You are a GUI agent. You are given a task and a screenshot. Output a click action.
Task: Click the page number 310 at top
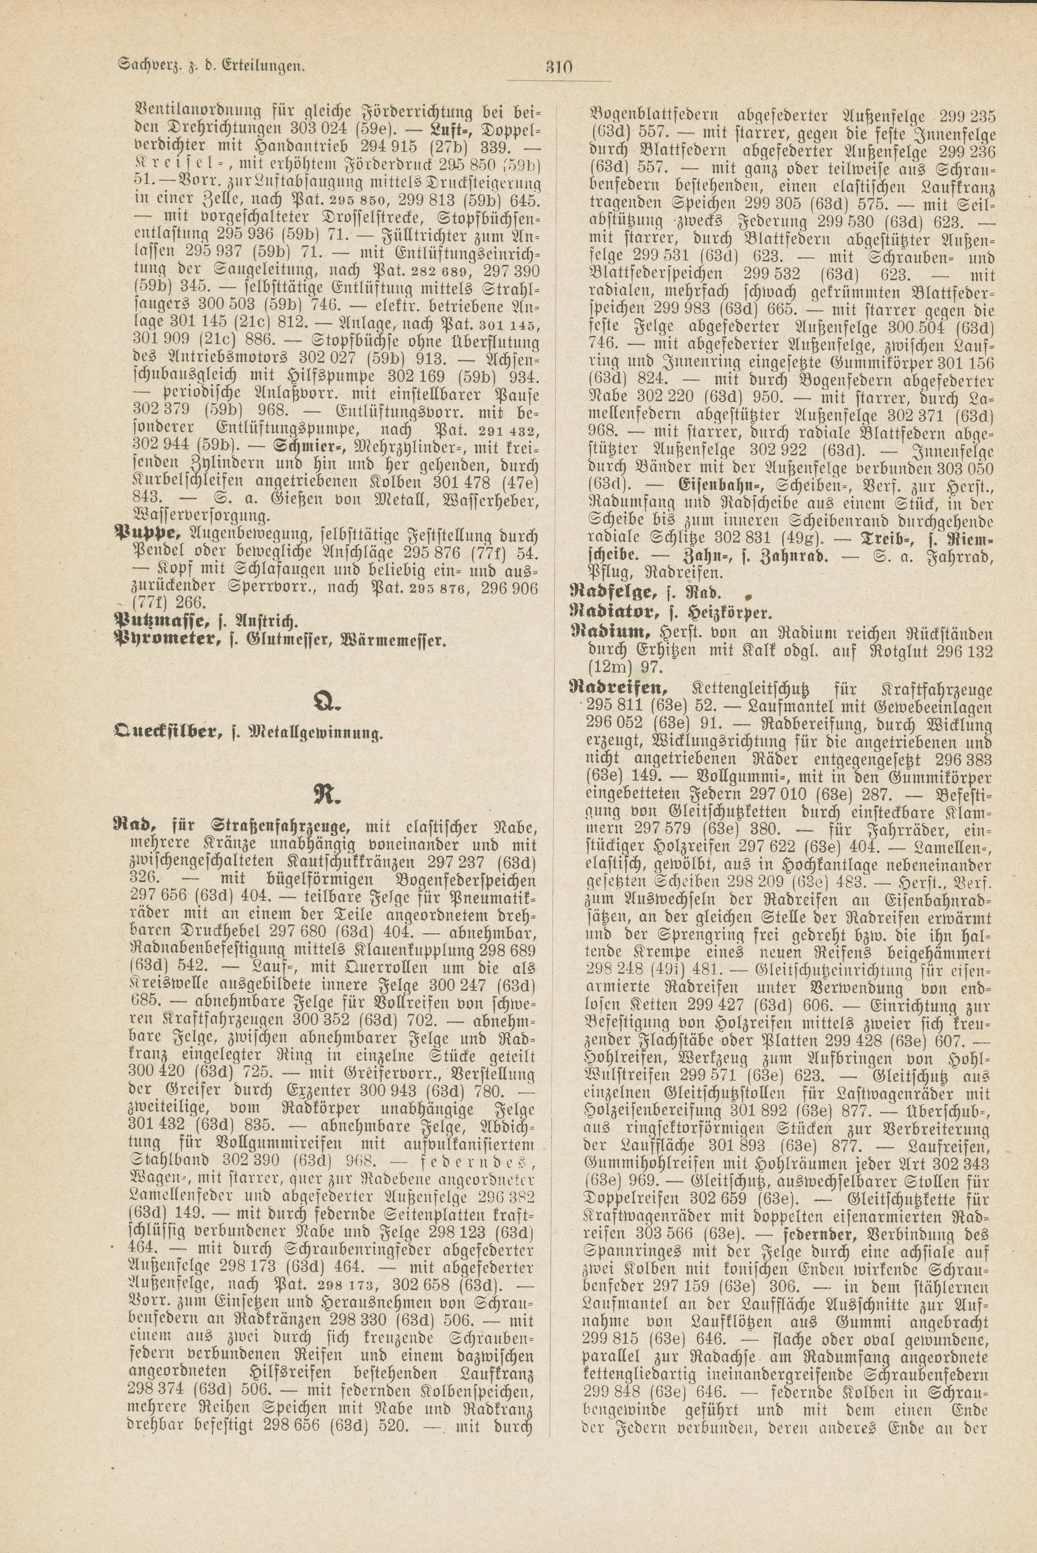pos(559,67)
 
